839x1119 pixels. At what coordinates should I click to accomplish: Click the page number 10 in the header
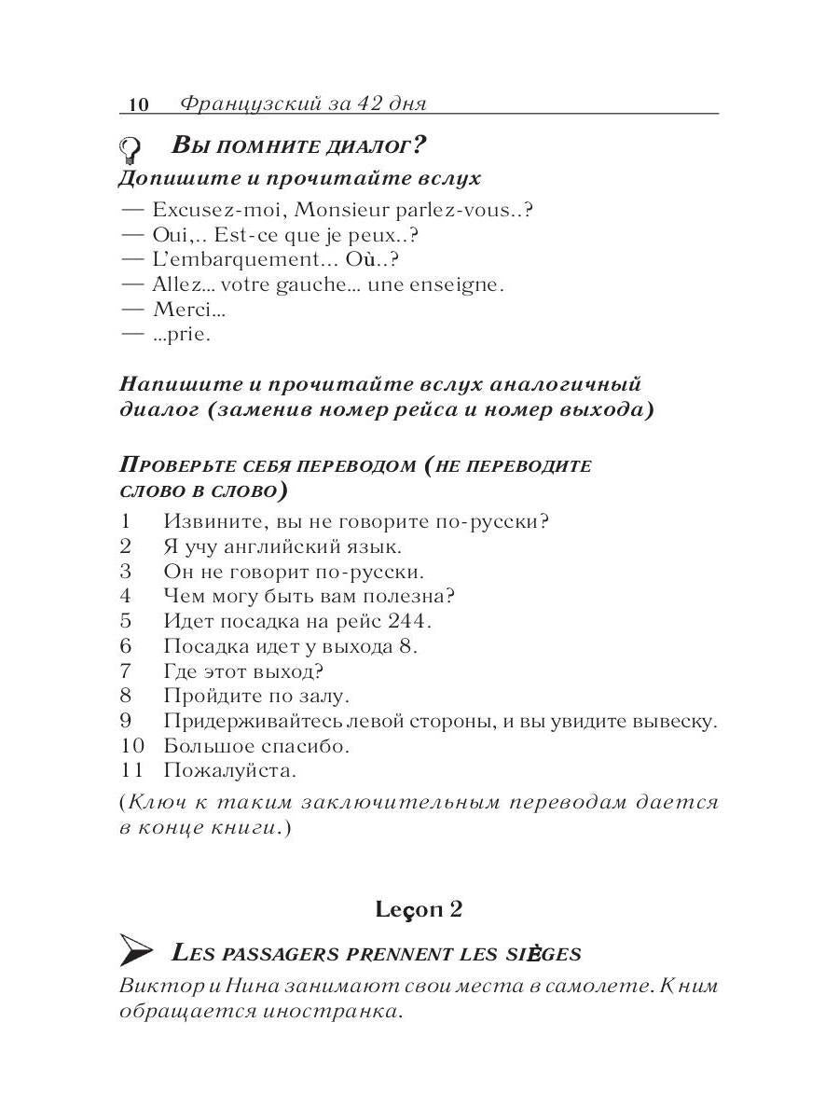[x=137, y=104]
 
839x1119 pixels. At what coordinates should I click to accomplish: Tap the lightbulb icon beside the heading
[x=131, y=148]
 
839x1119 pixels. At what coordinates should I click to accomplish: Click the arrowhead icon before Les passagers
[x=137, y=951]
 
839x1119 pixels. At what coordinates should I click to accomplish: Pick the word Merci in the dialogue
[x=182, y=310]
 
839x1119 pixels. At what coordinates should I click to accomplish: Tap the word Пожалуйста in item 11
[x=229, y=771]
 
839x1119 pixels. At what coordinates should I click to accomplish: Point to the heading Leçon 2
[x=419, y=908]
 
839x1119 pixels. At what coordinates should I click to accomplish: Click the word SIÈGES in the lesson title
[x=545, y=954]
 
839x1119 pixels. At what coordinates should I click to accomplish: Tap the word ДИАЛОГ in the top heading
[x=364, y=146]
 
